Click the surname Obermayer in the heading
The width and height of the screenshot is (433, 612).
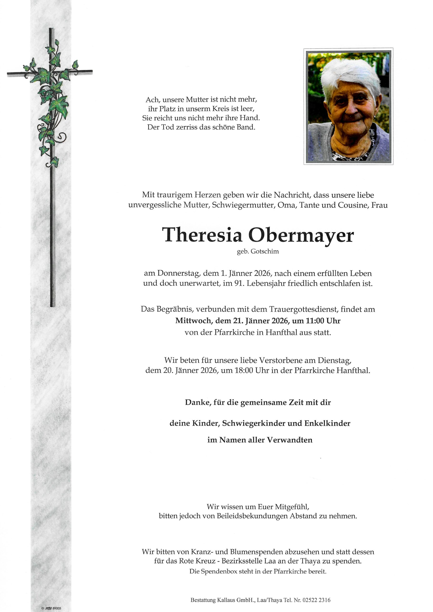(301, 235)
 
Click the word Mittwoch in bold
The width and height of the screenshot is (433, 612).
(192, 321)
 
